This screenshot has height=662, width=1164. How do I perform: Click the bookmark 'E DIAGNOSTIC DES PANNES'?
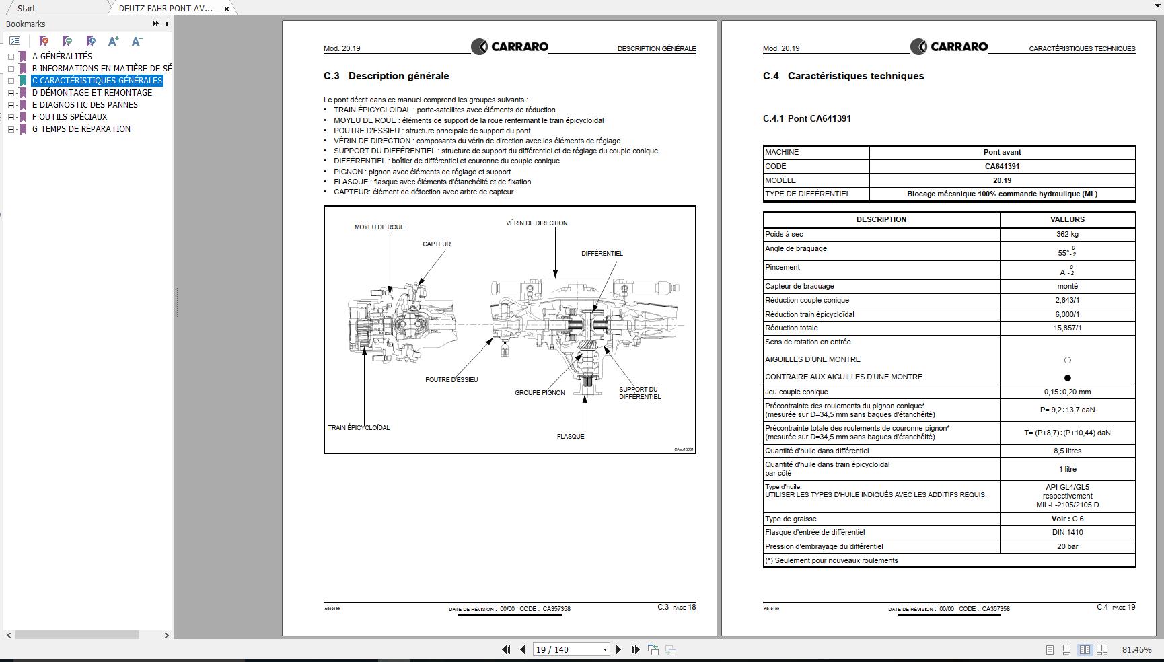point(85,105)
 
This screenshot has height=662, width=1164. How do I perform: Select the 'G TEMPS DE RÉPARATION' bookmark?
point(81,129)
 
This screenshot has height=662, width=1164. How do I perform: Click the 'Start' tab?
point(27,8)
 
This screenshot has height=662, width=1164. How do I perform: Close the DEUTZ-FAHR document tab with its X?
point(227,9)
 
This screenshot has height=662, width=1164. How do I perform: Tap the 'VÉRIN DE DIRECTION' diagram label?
point(536,223)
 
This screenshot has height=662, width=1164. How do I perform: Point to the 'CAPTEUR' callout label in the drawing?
point(437,244)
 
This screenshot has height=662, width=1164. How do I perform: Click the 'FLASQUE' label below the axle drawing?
point(571,437)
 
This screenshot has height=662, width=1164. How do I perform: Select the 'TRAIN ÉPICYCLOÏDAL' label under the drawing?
point(359,428)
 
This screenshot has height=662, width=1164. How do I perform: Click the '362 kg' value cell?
point(1067,235)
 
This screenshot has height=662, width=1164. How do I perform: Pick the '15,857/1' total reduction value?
point(1067,328)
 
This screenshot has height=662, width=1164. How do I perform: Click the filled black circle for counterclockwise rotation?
point(1067,378)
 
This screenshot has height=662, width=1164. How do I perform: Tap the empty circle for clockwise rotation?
point(1067,361)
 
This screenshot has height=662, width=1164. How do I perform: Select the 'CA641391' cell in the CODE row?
point(1002,166)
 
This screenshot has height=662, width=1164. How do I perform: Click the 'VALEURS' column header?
point(1067,219)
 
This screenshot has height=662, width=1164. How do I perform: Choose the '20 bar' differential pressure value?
point(1067,547)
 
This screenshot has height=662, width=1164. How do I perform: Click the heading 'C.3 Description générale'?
point(386,76)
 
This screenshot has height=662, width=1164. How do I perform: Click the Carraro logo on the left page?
point(510,47)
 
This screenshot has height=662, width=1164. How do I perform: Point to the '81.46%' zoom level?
point(1136,650)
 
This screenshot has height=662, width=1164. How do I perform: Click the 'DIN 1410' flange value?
point(1067,533)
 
